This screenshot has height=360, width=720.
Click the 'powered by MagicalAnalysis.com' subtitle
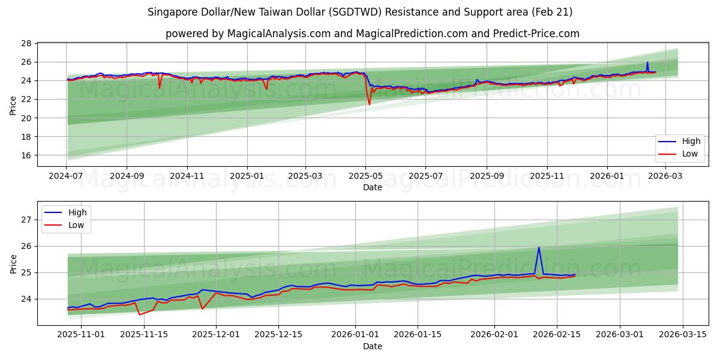pos(372,34)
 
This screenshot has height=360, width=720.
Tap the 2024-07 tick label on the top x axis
pos(66,177)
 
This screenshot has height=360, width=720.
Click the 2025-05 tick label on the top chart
pos(365,177)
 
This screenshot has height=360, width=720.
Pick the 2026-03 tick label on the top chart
pos(664,177)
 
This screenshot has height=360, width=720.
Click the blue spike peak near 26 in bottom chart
pos(539,247)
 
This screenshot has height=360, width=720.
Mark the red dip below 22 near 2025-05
pos(369,104)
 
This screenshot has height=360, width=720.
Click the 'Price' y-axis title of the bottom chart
pos(13,263)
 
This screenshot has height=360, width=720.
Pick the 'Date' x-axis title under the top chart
pos(372,188)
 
